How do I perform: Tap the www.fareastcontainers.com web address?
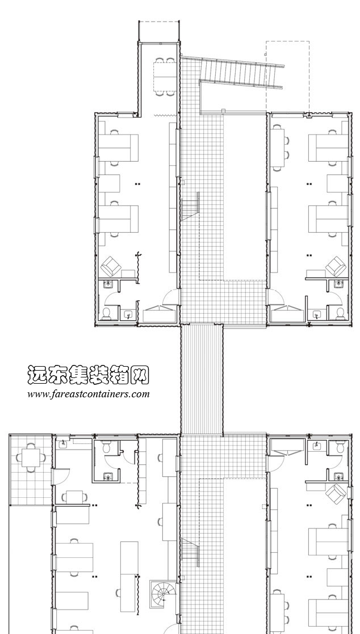point(88,393)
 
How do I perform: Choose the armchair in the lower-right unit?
point(337,493)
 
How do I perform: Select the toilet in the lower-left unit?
point(106,448)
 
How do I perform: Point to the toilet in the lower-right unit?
point(340,448)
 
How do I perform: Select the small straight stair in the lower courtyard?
point(190,552)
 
